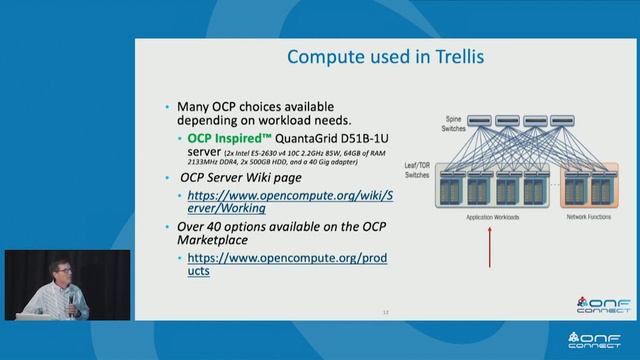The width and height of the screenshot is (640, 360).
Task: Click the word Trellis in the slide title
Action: click(x=451, y=57)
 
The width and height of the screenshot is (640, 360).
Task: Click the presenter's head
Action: click(x=54, y=267)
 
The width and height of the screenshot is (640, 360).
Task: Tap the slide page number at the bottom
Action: click(x=385, y=312)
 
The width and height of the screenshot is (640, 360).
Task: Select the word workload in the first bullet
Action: click(x=290, y=120)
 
